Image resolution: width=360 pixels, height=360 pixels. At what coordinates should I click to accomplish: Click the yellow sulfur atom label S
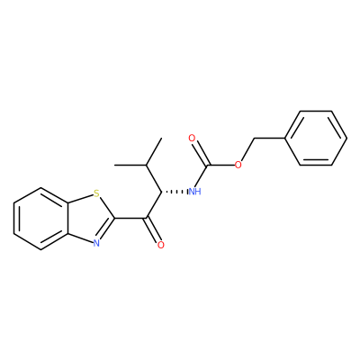click(96, 193)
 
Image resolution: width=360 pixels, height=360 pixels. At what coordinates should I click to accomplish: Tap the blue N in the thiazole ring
click(96, 243)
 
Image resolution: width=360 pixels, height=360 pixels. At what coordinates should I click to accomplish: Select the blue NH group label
click(194, 192)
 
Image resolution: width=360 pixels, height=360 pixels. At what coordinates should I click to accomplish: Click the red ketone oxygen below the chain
click(161, 245)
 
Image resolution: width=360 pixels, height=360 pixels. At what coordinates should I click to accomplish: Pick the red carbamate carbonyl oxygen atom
click(192, 139)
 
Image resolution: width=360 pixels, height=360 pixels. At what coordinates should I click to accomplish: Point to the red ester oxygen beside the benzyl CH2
click(238, 165)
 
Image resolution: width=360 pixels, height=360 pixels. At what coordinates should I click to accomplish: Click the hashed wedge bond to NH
click(174, 192)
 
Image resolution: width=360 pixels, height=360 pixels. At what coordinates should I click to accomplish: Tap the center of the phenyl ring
click(316, 139)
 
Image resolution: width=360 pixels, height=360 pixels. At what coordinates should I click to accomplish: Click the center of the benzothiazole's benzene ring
click(41, 219)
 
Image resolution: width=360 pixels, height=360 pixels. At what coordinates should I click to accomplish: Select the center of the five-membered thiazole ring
click(89, 219)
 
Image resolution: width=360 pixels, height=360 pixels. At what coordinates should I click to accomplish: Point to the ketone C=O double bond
click(154, 230)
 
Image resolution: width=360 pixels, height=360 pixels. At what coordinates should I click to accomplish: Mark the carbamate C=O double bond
click(199, 152)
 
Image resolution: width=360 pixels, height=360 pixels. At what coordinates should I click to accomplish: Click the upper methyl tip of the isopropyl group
click(162, 139)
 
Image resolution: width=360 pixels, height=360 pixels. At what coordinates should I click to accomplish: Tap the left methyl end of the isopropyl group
click(115, 165)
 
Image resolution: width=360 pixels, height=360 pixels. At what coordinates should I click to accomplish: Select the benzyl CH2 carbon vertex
click(254, 139)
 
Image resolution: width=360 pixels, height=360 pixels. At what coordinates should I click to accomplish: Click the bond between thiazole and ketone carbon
click(130, 218)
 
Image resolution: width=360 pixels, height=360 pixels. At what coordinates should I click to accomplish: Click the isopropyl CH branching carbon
click(146, 165)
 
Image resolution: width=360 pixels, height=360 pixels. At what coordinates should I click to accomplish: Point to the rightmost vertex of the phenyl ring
click(347, 139)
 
